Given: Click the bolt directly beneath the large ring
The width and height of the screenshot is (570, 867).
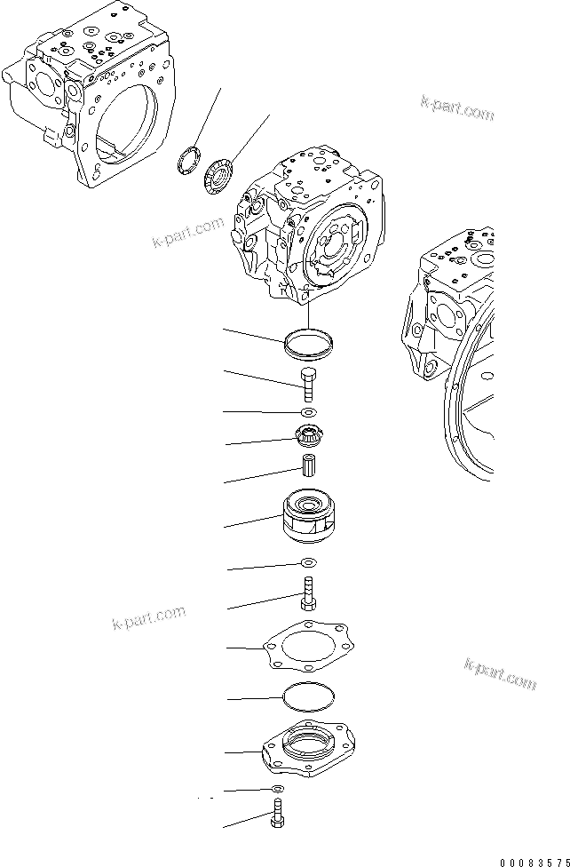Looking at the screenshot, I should (x=308, y=384).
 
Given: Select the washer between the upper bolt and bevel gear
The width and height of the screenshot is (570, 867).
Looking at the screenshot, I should (x=308, y=413).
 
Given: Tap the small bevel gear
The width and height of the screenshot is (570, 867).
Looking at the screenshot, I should (x=308, y=436).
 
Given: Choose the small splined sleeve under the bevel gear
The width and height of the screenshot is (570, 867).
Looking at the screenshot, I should (x=308, y=466).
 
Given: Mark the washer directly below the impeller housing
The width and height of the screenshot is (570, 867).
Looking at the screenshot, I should (x=308, y=563).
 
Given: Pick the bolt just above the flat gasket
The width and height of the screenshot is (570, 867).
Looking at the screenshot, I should (x=308, y=593).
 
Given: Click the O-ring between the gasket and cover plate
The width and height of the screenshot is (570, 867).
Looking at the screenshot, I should (x=308, y=698).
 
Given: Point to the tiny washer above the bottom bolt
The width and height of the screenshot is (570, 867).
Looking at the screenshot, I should (x=278, y=788).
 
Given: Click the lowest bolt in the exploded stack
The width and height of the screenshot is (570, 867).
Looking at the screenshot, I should (x=277, y=815).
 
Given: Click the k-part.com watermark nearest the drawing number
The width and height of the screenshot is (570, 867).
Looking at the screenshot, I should (x=501, y=673).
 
